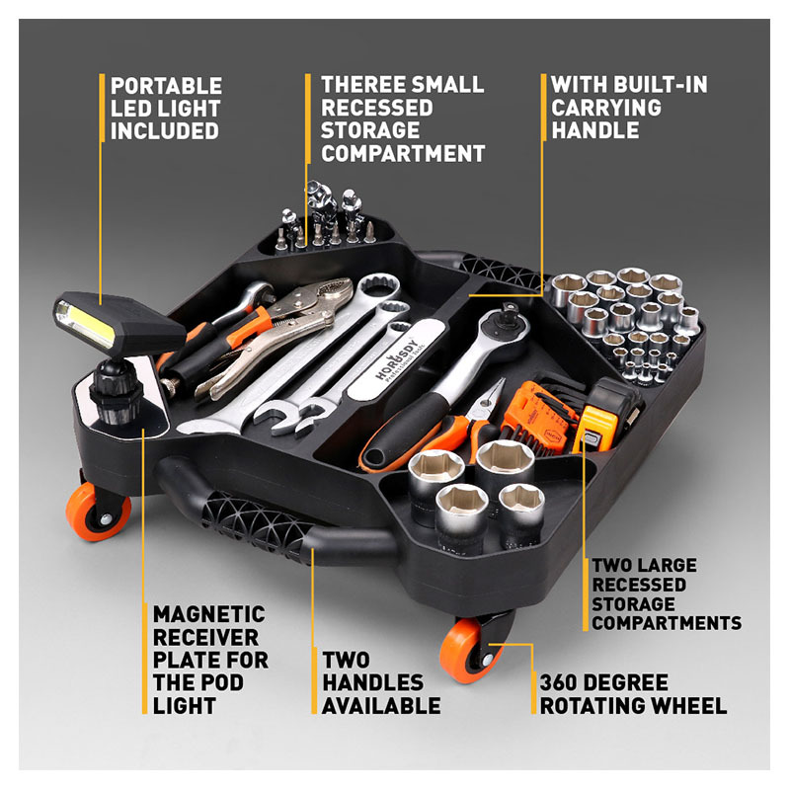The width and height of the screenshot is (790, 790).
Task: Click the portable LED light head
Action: [x=94, y=321]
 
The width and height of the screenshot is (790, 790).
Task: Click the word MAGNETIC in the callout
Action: [x=208, y=614]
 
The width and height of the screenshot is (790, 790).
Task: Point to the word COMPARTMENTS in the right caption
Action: [x=667, y=623]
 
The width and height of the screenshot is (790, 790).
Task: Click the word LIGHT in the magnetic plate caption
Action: [x=185, y=705]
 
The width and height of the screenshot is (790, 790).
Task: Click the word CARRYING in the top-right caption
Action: [x=601, y=108]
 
